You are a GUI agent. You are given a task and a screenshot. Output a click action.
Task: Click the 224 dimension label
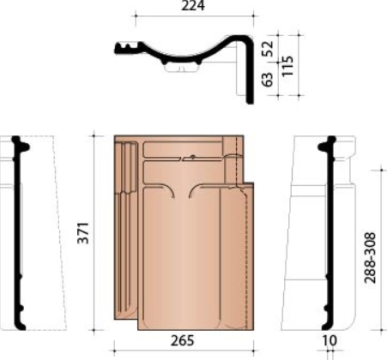coord(193,6)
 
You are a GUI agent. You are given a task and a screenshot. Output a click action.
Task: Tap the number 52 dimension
coord(268,48)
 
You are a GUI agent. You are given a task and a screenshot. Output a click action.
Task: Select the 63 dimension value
coord(268,79)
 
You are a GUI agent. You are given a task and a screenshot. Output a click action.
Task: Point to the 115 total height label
coord(288,65)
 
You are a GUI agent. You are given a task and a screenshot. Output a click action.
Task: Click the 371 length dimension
coord(83,232)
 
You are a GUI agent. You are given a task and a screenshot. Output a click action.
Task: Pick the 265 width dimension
coord(182,341)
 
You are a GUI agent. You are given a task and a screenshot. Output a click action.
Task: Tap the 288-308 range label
coord(370,258)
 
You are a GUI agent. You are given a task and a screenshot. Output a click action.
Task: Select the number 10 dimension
coord(330,341)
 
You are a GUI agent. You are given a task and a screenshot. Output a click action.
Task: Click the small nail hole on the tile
coord(193,157)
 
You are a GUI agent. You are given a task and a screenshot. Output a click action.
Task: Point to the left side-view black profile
coord(17,233)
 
